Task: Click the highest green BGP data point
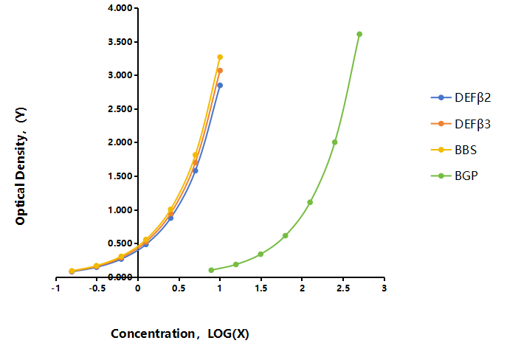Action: coord(359,34)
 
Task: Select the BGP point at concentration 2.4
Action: coord(334,142)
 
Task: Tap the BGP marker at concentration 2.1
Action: coord(310,202)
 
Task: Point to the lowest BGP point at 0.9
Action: coord(211,270)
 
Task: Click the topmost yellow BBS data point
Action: coord(220,57)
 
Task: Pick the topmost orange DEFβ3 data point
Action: coord(220,70)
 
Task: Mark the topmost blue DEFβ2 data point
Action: coord(220,86)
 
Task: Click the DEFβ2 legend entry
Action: coord(461,97)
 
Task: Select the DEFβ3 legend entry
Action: coord(461,124)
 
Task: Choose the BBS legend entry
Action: coord(454,150)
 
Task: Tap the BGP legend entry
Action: coord(454,176)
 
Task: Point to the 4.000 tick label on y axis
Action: coord(120,7)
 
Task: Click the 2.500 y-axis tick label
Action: coord(120,109)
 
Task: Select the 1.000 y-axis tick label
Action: coord(120,210)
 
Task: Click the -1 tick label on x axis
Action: coord(55,288)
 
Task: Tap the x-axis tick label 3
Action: coord(384,288)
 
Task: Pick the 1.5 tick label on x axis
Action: coord(261,288)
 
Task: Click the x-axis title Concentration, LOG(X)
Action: coord(180,333)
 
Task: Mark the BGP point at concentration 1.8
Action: coord(285,236)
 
